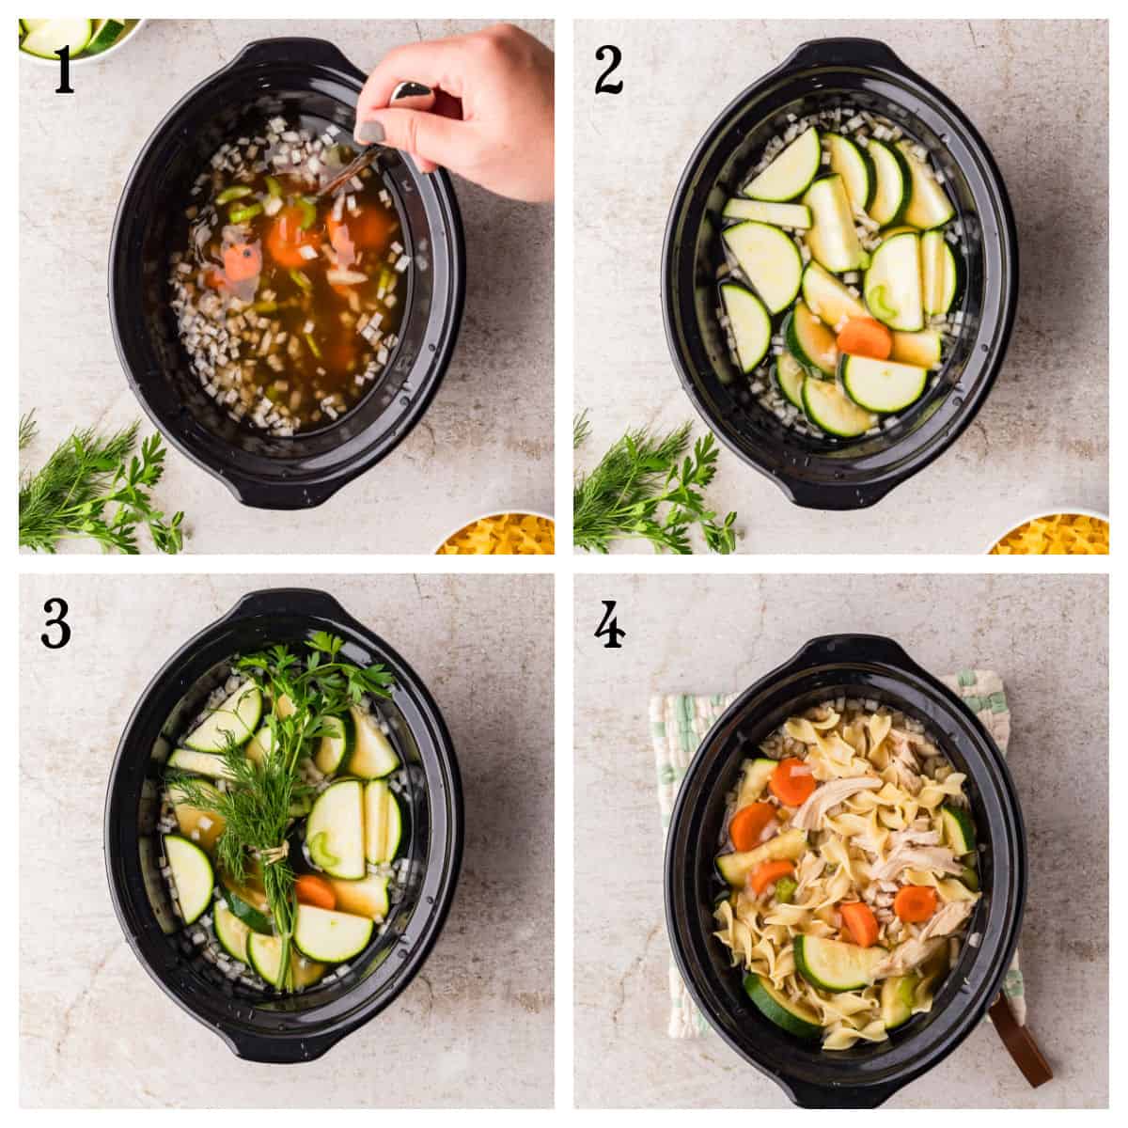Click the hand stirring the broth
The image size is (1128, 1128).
pyautogui.click(x=470, y=113)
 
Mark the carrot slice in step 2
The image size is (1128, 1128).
pyautogui.click(x=864, y=337)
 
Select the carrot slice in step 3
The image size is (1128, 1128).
pyautogui.click(x=316, y=891)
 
